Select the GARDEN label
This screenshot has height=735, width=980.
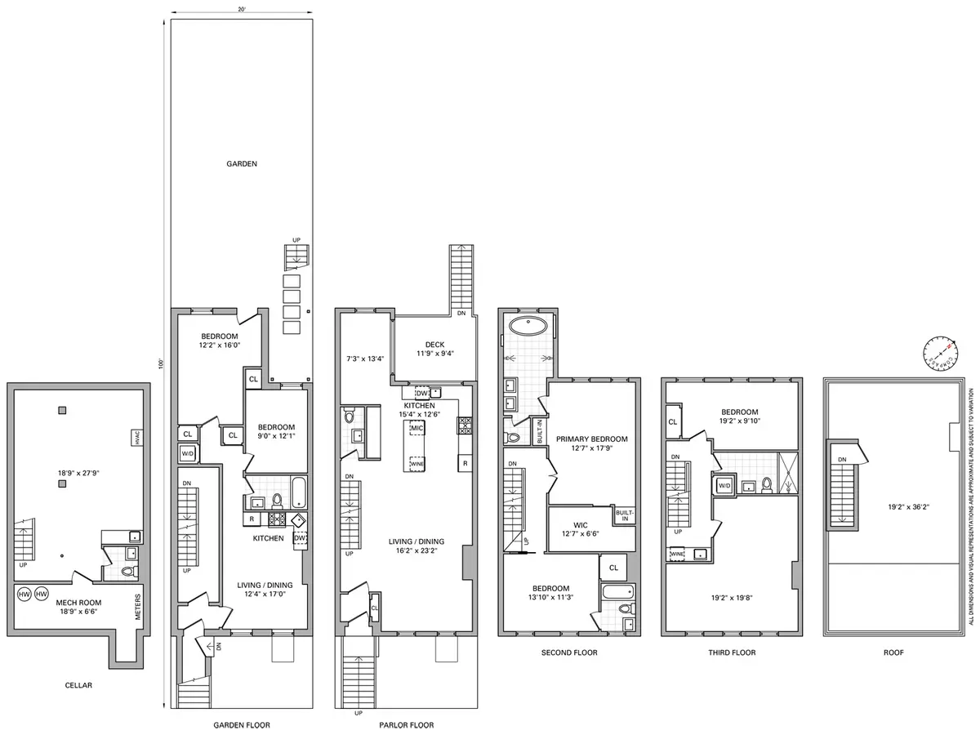coord(242,163)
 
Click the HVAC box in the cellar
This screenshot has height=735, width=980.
coord(135,438)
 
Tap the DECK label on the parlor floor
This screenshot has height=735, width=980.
coord(434,344)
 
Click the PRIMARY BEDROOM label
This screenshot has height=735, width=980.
coord(592,439)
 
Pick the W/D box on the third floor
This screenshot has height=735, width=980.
coord(724,485)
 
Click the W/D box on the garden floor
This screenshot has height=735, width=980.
coord(187,453)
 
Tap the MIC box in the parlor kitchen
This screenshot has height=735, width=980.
coord(417,428)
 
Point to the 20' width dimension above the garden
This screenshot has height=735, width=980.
coord(241,9)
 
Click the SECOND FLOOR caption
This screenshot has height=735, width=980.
coord(569,653)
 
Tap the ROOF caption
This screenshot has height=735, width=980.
coord(893,653)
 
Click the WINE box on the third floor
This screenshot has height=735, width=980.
coord(677,554)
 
